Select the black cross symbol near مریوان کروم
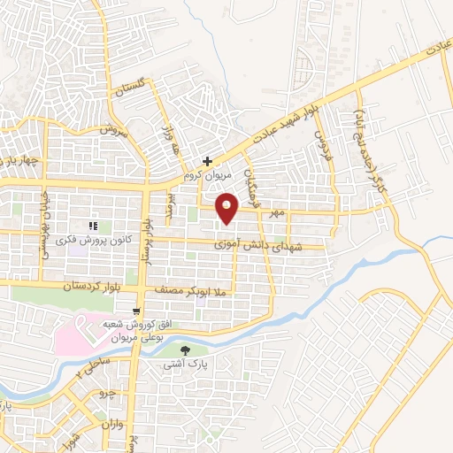pos(207,161)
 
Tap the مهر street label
pos(278,212)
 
